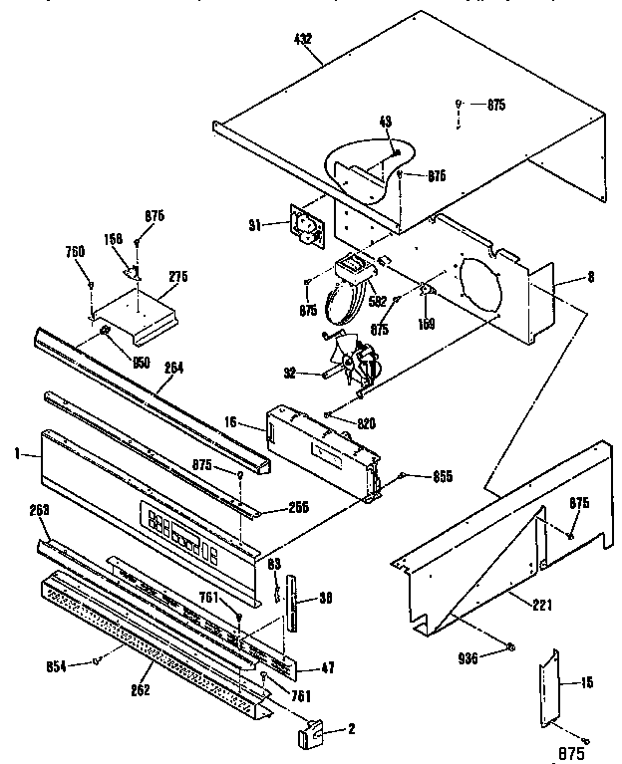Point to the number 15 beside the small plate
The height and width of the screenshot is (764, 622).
click(585, 682)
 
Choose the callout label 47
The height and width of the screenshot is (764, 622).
click(326, 669)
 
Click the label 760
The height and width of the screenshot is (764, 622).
click(76, 251)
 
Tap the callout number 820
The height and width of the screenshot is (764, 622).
click(366, 423)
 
